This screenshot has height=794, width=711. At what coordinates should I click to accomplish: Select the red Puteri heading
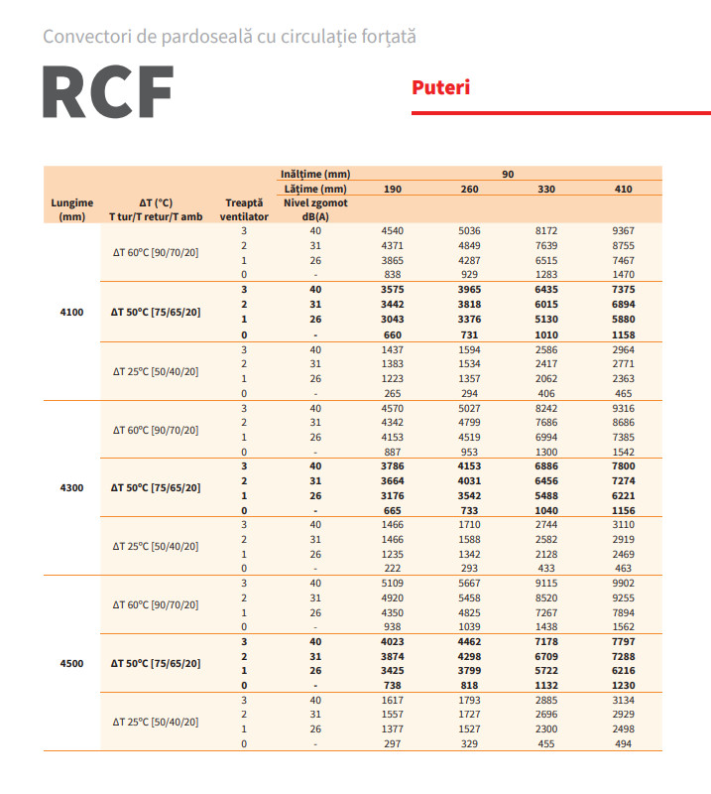pos(440,87)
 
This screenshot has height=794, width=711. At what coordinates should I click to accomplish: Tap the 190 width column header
pos(393,189)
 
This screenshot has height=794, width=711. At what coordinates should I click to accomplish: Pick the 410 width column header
pos(623,189)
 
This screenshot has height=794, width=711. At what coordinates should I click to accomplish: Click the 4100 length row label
pos(72,312)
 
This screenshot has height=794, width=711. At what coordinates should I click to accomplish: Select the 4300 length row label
pos(72,487)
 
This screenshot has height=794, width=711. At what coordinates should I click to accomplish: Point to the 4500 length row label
pos(72,663)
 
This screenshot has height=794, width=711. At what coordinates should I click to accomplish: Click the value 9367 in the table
pos(623,230)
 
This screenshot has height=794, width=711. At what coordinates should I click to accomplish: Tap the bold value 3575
pos(393,289)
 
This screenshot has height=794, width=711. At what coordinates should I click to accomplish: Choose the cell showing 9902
pos(623,583)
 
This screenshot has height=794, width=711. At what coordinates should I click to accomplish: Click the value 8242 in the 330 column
pos(546,407)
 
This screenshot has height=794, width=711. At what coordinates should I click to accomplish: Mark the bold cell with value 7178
pos(546,641)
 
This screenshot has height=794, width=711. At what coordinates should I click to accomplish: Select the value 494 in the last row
pos(623,744)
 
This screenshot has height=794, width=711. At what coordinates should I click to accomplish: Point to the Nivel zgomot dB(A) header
pos(315,208)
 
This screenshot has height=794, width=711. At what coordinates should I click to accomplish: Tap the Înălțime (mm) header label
pos(315,174)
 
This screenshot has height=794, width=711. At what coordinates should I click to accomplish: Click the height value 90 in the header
pos(508,174)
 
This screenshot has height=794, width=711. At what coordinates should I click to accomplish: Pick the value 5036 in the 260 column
pos(469,230)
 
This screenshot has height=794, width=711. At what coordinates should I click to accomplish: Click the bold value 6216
pos(623,671)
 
